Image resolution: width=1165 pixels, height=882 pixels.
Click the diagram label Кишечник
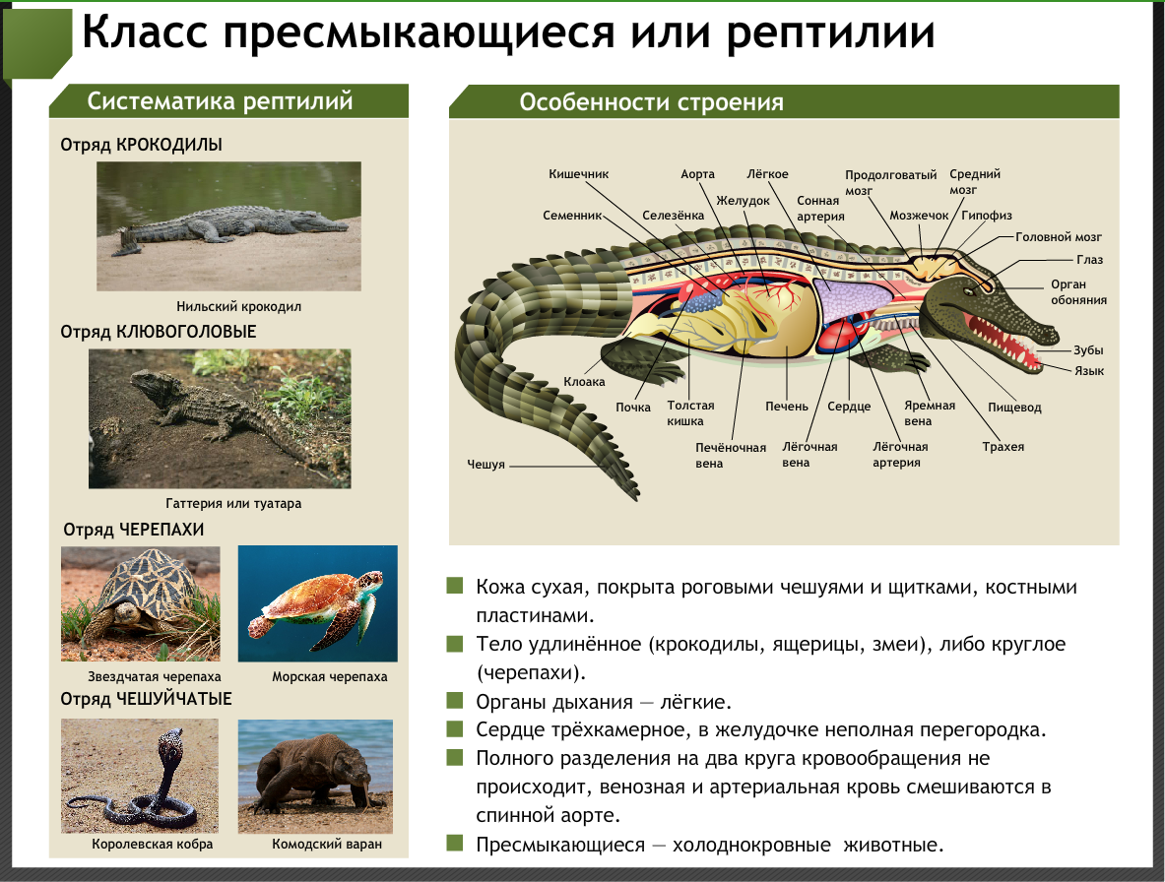[x=578, y=174]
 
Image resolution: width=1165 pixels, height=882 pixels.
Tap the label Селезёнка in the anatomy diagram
[x=673, y=215]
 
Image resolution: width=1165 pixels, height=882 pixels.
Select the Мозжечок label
[x=918, y=215]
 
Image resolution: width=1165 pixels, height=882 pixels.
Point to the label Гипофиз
[x=987, y=215]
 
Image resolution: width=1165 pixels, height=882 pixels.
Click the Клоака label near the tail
[x=584, y=381]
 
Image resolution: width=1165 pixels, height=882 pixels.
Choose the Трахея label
[x=1003, y=446]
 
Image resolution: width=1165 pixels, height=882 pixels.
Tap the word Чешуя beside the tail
[x=485, y=464]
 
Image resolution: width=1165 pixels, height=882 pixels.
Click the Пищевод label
[x=1014, y=407]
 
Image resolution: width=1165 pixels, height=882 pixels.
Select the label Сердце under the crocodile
[x=849, y=407]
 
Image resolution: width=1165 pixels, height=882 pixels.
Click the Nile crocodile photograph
[x=228, y=225]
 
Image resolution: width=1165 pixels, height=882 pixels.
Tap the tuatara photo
[x=219, y=418]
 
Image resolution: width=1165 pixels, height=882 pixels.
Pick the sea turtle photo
[x=317, y=603]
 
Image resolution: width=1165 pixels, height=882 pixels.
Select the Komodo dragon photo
[x=315, y=776]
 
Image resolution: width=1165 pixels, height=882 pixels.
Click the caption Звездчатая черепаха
[x=141, y=677]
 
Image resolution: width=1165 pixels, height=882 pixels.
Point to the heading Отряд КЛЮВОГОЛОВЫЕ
[x=158, y=332]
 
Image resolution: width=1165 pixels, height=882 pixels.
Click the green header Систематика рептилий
[x=221, y=101]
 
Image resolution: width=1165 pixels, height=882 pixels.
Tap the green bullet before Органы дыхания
[x=455, y=701]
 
